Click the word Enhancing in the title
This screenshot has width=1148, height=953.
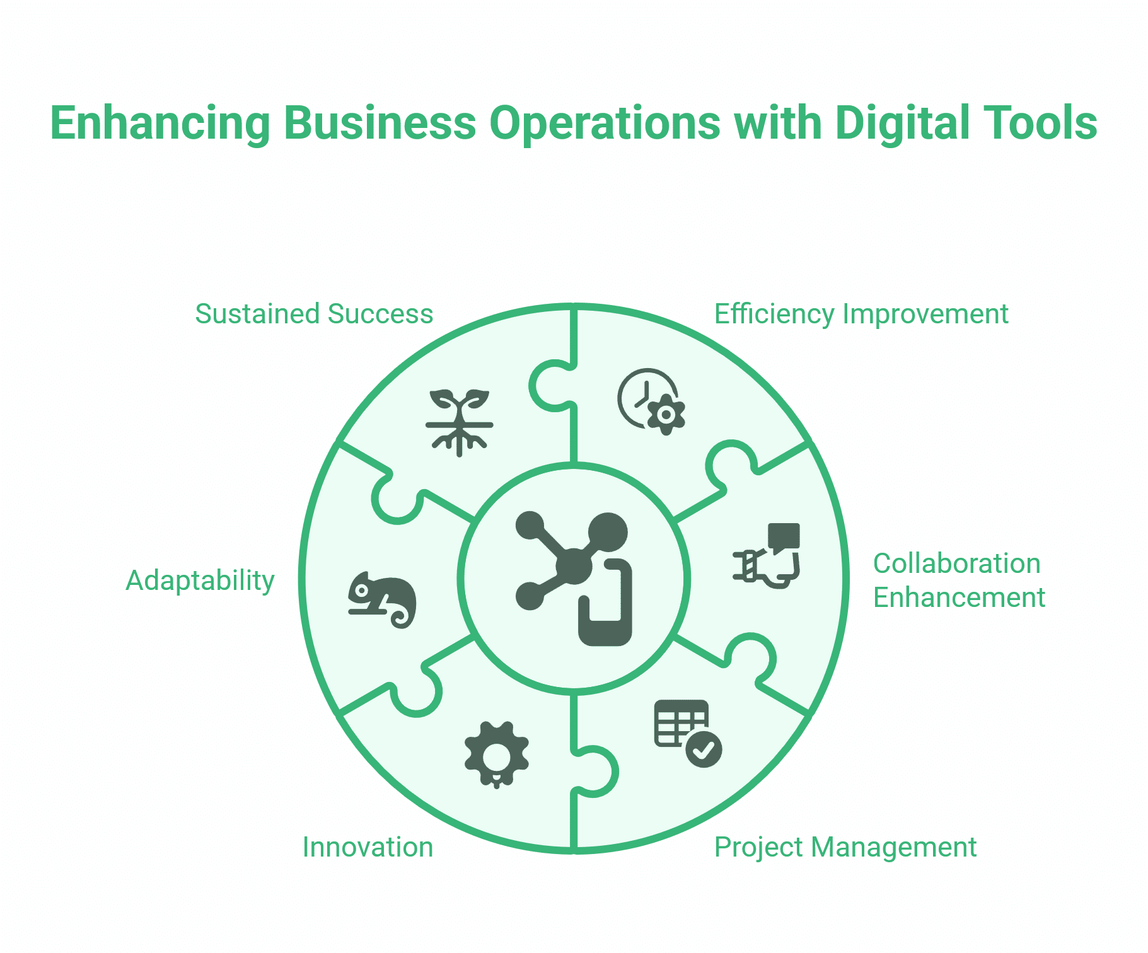[x=160, y=124]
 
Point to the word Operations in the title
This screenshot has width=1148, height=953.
[x=605, y=124]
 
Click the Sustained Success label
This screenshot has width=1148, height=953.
[x=314, y=314]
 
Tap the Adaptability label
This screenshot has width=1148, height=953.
[x=200, y=581]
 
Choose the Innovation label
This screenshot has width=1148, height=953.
[x=368, y=847]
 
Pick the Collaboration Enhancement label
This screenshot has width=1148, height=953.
[x=959, y=580]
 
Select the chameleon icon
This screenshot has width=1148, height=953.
[x=382, y=600]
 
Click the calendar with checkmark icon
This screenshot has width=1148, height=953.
[x=688, y=733]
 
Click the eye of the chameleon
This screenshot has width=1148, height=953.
[x=362, y=591]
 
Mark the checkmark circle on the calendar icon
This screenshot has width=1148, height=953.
[x=704, y=749]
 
